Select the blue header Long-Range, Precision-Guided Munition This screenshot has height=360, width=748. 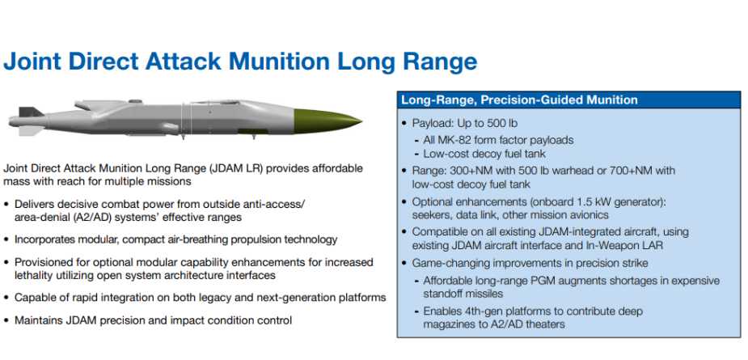(519, 100)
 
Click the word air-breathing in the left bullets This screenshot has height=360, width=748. (194, 239)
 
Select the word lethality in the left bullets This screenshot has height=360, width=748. (33, 276)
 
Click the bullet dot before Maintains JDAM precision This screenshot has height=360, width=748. (6, 320)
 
